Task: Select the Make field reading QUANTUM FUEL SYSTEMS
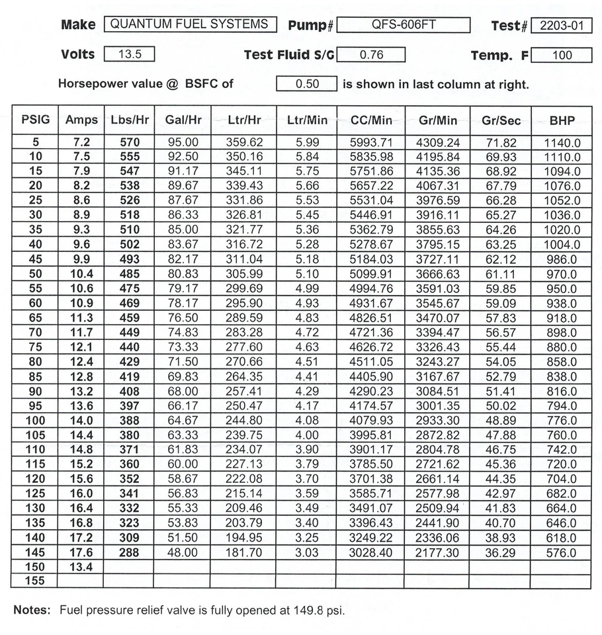(x=191, y=24)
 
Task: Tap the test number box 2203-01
(x=561, y=26)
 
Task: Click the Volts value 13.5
(x=130, y=55)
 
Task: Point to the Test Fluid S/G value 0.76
(x=370, y=55)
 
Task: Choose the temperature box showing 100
(x=561, y=56)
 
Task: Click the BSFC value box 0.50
(x=306, y=84)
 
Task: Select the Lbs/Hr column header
(x=130, y=120)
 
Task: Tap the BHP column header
(x=562, y=120)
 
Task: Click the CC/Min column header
(x=370, y=120)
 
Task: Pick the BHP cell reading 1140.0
(x=562, y=142)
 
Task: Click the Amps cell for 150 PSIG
(x=81, y=568)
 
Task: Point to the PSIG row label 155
(x=34, y=582)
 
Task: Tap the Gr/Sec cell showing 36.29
(x=500, y=553)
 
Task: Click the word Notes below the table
(x=32, y=610)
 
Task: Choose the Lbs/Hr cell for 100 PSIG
(x=130, y=421)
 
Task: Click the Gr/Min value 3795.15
(x=437, y=244)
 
